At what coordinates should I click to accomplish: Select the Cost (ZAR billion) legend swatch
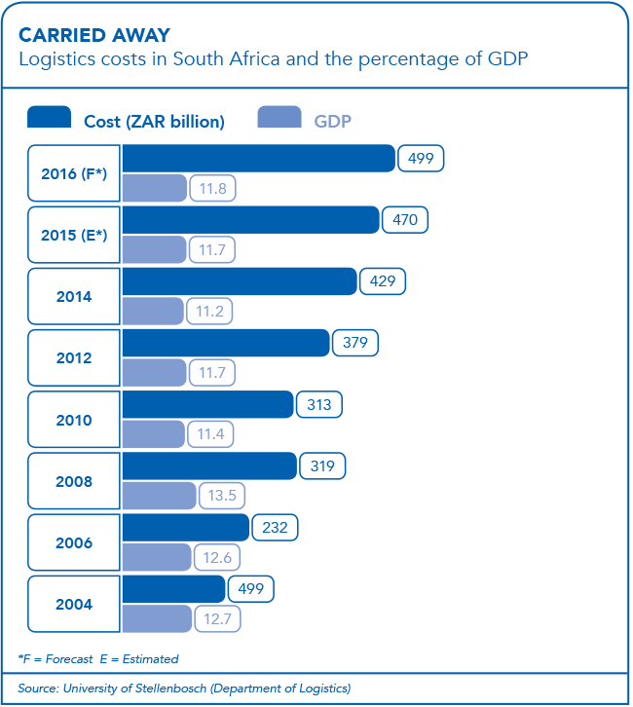click(x=49, y=119)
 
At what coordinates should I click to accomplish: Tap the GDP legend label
click(x=332, y=122)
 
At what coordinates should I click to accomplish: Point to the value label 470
click(x=404, y=220)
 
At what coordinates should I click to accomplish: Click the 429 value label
click(x=383, y=281)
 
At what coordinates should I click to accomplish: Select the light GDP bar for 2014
click(x=153, y=312)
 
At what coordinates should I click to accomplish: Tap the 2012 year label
click(x=74, y=357)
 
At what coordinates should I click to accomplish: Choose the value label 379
click(x=355, y=343)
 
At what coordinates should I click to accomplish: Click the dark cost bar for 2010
click(x=207, y=405)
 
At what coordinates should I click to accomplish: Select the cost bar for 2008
click(x=208, y=466)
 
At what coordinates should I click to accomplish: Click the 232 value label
click(x=275, y=528)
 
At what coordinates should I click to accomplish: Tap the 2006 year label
click(x=74, y=542)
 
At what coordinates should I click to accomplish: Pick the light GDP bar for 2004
click(x=157, y=618)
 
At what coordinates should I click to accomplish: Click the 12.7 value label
click(x=219, y=618)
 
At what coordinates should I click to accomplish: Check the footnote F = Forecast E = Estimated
click(x=98, y=659)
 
